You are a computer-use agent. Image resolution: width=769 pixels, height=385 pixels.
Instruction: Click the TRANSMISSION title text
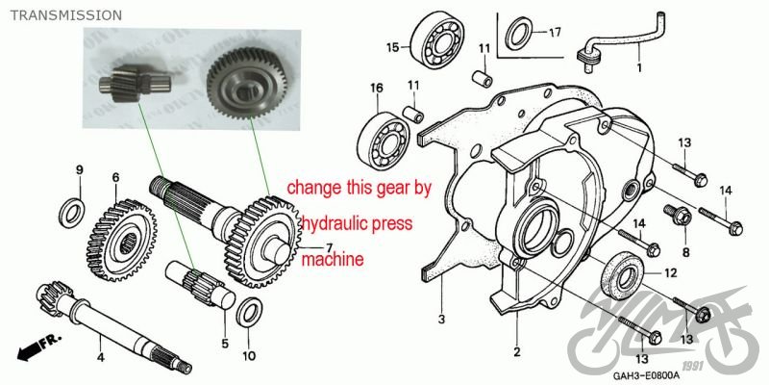coord(65,15)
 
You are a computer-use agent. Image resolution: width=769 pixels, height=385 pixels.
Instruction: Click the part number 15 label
coord(392,47)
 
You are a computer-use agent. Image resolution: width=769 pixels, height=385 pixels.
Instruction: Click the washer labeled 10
coord(247,312)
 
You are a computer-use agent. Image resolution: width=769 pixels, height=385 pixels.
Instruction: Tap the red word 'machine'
coord(334,259)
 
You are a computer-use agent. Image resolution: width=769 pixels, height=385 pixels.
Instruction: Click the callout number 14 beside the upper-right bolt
coord(726,191)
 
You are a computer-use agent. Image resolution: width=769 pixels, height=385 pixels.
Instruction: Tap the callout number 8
coord(686,252)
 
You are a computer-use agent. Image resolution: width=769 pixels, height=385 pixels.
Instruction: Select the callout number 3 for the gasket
coord(441,319)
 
